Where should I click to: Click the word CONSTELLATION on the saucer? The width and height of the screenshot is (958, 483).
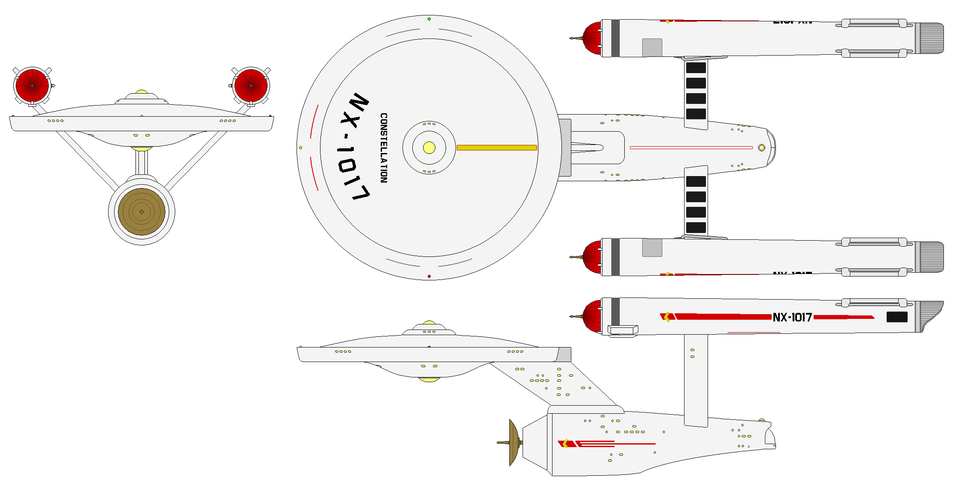pos(384,148)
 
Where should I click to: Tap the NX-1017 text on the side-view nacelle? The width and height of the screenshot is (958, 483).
pos(792,317)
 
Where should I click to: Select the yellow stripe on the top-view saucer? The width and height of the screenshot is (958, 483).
pos(497,148)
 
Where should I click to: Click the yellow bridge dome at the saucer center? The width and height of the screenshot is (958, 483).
pos(429,148)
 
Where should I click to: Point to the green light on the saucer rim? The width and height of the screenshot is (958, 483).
pos(429,19)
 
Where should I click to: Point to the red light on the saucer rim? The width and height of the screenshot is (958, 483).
pos(429,277)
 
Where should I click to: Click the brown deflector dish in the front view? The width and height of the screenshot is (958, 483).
pos(141,212)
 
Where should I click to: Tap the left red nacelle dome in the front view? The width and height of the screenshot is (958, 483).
pos(32,85)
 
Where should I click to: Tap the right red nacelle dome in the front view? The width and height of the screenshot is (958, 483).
pos(251,85)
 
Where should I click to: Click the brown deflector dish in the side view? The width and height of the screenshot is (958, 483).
pos(514,442)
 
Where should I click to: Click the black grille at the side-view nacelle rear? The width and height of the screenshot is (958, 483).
pos(897,317)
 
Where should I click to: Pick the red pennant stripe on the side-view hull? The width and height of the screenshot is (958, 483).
pos(607,444)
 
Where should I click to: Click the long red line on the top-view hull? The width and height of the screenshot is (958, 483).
pos(691,148)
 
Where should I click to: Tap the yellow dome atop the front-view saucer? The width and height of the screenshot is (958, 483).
pos(141,92)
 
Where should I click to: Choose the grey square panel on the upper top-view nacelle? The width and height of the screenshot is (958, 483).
pos(652,47)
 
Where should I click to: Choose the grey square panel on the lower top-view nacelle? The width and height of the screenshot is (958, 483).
pos(652,248)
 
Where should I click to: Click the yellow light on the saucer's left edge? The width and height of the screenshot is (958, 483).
pos(300,148)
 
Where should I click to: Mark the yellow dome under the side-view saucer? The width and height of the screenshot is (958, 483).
pos(429,379)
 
